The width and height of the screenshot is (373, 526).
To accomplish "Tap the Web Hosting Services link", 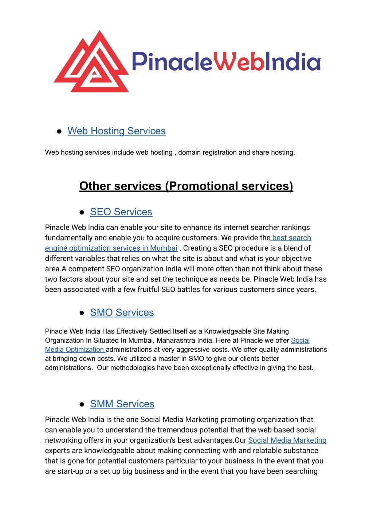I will click(x=117, y=131).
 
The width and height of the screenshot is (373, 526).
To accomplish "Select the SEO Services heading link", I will click(x=121, y=212).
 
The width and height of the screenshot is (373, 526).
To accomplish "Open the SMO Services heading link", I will click(x=122, y=313).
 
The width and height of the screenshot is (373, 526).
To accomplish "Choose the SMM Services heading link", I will click(x=122, y=404).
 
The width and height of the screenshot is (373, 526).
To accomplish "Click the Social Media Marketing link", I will click(x=287, y=441).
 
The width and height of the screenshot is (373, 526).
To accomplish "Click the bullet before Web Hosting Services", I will click(x=59, y=132).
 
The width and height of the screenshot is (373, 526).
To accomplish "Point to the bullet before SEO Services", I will click(x=82, y=212).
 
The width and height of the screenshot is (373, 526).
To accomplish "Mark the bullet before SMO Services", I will click(x=82, y=313).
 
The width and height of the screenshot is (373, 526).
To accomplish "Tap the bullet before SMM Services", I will click(x=82, y=405).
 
